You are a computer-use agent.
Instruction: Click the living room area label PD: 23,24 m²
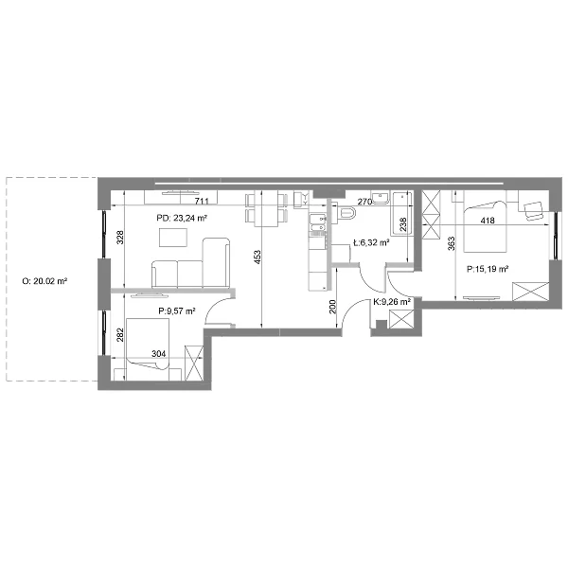pyautogui.click(x=182, y=218)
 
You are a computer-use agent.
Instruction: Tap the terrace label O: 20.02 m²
pyautogui.click(x=45, y=281)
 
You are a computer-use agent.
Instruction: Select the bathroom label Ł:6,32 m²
pyautogui.click(x=371, y=242)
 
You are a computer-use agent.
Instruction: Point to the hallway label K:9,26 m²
pyautogui.click(x=392, y=302)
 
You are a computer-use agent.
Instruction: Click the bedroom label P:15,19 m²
pyautogui.click(x=488, y=269)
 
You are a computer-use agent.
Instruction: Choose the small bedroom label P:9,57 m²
pyautogui.click(x=177, y=311)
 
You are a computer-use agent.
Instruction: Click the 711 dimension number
pyautogui.click(x=202, y=201)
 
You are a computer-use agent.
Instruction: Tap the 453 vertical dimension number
pyautogui.click(x=257, y=257)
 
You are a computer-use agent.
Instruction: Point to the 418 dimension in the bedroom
pyautogui.click(x=488, y=221)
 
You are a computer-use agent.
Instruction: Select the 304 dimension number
pyautogui.click(x=159, y=353)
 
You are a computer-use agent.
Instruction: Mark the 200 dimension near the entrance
pyautogui.click(x=333, y=307)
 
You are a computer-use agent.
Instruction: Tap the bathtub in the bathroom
pyautogui.click(x=402, y=213)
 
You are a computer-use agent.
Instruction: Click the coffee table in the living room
pyautogui.click(x=173, y=238)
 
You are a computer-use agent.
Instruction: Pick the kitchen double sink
pyautogui.click(x=318, y=222)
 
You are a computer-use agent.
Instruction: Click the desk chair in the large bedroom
pyautogui.click(x=533, y=210)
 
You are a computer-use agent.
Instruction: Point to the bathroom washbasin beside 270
pyautogui.click(x=381, y=198)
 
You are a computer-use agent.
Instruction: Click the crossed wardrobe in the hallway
pyautogui.click(x=400, y=319)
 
